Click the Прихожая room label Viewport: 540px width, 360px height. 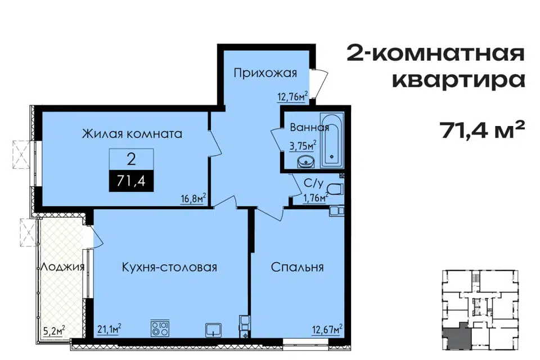[265, 73]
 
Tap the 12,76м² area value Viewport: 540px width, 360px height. [292, 96]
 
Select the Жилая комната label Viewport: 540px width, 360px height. [132, 133]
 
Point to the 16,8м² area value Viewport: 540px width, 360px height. [193, 198]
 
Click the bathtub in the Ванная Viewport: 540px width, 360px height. [332, 140]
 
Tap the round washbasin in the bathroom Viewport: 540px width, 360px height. [304, 161]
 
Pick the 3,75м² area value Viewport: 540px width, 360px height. [303, 146]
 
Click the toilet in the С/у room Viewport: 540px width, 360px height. [335, 190]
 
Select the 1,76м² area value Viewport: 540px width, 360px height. [315, 198]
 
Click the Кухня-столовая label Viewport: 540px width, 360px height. [169, 267]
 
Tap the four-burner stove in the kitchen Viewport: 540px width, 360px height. [160, 328]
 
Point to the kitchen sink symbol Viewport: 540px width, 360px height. [214, 330]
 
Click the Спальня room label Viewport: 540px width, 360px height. [297, 267]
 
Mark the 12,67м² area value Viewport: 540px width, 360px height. [327, 329]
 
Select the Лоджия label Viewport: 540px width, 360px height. [62, 267]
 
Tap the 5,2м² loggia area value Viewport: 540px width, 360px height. [54, 331]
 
